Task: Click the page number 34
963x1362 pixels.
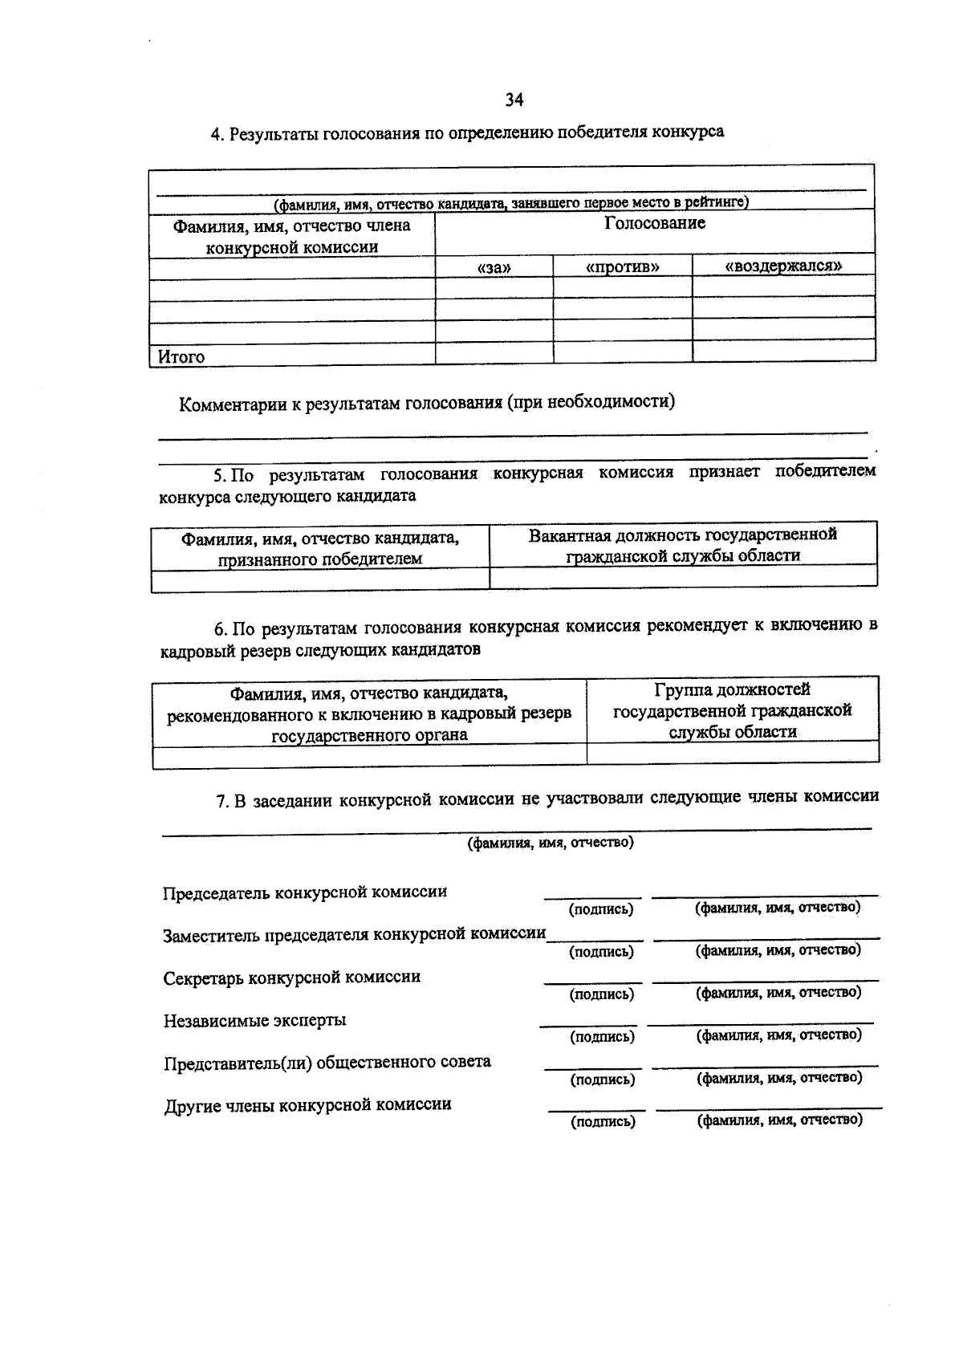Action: click(x=514, y=100)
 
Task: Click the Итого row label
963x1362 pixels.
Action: click(x=181, y=356)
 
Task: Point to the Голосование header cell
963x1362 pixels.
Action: click(x=655, y=224)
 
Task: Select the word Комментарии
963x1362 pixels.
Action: click(x=232, y=405)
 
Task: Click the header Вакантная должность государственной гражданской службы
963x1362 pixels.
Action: click(x=682, y=545)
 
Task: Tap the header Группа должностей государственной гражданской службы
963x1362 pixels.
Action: click(x=733, y=710)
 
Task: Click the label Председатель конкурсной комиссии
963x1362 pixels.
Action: click(x=305, y=892)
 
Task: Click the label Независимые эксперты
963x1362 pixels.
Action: click(x=255, y=1021)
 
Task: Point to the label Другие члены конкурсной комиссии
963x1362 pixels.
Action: click(x=308, y=1105)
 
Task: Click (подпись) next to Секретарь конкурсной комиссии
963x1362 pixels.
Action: click(x=602, y=994)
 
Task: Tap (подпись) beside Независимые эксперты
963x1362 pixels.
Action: click(x=602, y=1037)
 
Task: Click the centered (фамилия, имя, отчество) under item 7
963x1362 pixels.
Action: click(x=551, y=843)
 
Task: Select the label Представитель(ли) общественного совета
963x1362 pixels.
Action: click(x=327, y=1063)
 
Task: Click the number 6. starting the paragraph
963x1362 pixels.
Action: click(x=222, y=628)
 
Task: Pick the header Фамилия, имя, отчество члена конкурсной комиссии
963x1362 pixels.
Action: click(x=292, y=236)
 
